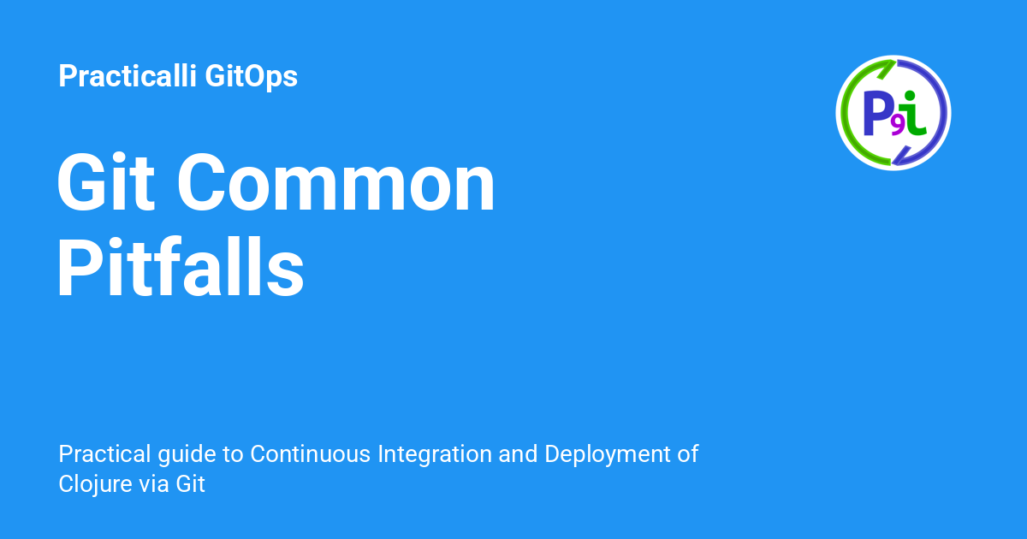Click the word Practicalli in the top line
coord(128,77)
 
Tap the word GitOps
coord(252,77)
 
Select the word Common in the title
coord(336,186)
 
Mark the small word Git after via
coord(191,483)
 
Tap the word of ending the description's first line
coord(688,453)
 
